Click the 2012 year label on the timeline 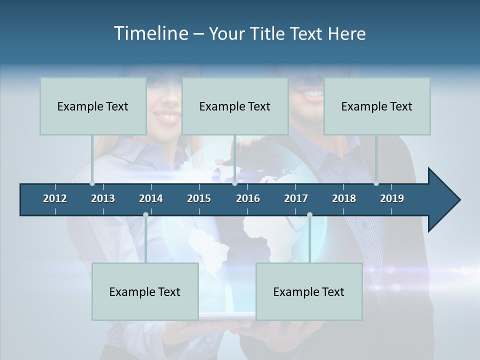pos(55,198)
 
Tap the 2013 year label pos(103,198)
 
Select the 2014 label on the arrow pos(151,198)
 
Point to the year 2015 pos(199,198)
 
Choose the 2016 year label pos(248,198)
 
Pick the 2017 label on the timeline pos(296,198)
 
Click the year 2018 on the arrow pos(344,198)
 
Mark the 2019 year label pos(392,198)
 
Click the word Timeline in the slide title pos(150,33)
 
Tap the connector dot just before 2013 pos(92,183)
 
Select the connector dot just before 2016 pos(234,183)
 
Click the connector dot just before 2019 pos(376,183)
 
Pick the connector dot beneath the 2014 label pos(145,214)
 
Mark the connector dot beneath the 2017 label pos(309,214)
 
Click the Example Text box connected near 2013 pos(93,106)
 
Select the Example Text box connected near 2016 pos(235,106)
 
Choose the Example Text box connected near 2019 pos(377,106)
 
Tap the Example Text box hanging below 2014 pos(145,292)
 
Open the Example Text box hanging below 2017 pos(309,292)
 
